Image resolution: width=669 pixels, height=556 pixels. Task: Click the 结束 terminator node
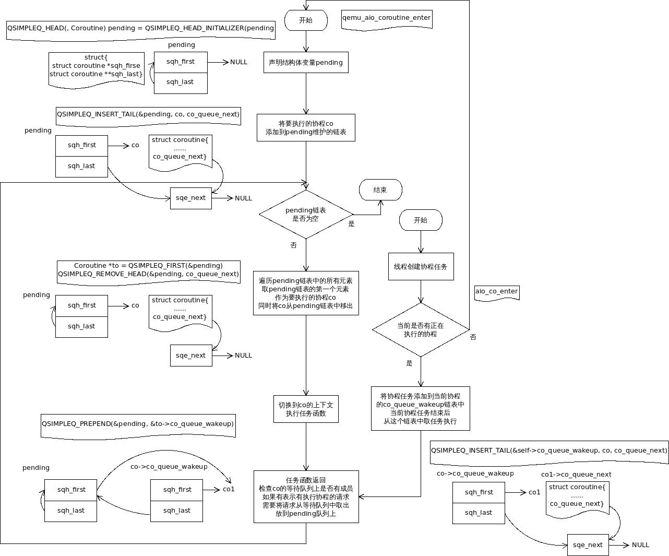(x=380, y=190)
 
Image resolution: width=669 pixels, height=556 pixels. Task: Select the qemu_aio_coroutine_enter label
(x=387, y=18)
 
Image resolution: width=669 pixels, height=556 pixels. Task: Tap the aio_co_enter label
(x=497, y=292)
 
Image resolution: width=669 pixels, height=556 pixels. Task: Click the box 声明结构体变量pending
(x=306, y=63)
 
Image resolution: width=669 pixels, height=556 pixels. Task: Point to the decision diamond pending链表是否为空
(x=306, y=215)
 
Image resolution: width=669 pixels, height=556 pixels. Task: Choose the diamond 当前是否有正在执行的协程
(x=421, y=329)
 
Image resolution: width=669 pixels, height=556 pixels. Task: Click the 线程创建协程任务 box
(x=421, y=267)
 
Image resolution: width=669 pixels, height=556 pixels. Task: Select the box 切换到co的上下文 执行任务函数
(x=306, y=409)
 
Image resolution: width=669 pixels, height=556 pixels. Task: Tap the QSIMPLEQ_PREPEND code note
(x=138, y=424)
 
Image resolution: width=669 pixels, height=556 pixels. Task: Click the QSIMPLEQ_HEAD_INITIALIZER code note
(x=141, y=29)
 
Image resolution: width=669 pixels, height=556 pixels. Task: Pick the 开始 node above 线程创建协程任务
(x=421, y=220)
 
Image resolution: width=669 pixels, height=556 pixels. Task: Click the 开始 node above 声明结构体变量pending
(x=306, y=20)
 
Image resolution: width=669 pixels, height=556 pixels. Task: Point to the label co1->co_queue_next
(x=576, y=475)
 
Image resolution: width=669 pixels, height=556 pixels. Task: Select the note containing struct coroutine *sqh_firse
(x=97, y=66)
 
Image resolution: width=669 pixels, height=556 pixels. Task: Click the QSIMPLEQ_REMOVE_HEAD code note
(x=149, y=270)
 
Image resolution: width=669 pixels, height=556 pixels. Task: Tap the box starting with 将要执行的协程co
(x=306, y=128)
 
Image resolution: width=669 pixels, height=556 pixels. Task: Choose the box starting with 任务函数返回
(x=306, y=496)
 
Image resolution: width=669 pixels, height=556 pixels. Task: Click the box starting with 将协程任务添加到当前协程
(x=420, y=408)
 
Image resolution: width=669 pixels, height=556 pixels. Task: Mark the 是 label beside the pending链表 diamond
(x=351, y=224)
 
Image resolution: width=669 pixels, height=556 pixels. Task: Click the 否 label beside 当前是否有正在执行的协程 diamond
(x=473, y=337)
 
